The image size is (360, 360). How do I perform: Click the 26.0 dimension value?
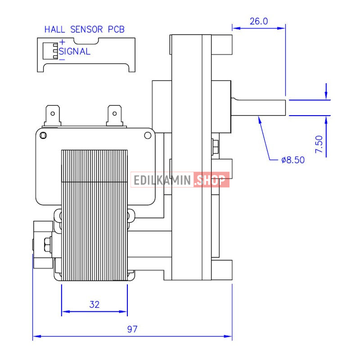coord(258,21)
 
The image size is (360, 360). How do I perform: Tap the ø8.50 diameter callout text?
coord(293,160)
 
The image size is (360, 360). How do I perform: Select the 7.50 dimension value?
coord(319,144)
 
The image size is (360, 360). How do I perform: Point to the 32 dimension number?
coord(94,305)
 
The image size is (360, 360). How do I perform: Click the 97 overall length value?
coord(132,329)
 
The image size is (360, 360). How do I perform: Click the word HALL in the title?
coord(54,29)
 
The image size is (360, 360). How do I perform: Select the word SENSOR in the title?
coord(86,29)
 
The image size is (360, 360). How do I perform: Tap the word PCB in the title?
coord(116,29)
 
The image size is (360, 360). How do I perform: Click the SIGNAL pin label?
coord(75,51)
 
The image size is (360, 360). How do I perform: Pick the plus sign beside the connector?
coord(62,42)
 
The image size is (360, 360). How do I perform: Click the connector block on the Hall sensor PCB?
coord(50,51)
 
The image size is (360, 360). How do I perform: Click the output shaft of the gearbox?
coord(258,108)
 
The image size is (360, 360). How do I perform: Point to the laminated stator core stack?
coord(94,215)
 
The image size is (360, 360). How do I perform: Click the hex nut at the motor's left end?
coord(48,244)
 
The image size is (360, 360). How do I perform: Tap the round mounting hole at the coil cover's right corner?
coord(148,135)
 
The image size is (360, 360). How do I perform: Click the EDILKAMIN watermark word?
coord(162,180)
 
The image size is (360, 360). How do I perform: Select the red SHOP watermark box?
coord(211,180)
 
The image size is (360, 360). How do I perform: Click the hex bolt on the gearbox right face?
coord(215,147)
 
